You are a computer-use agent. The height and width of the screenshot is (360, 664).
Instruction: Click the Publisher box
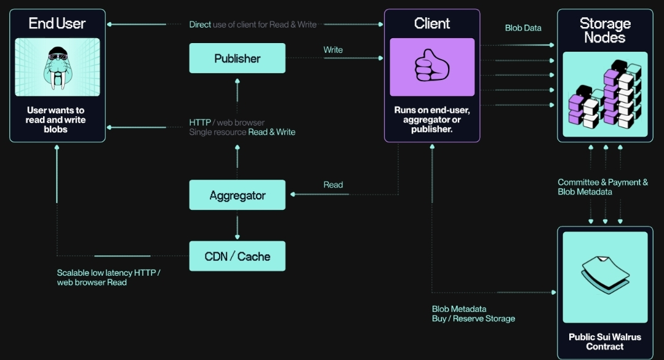pos(237,58)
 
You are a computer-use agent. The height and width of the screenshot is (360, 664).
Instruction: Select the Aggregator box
pos(237,195)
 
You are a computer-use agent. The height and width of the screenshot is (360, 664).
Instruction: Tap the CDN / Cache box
pos(237,256)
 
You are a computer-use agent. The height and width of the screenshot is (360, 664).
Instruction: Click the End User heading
pos(57,23)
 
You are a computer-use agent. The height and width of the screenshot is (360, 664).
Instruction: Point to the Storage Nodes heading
pos(605,30)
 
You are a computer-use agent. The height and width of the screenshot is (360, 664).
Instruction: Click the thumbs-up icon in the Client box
pos(432,66)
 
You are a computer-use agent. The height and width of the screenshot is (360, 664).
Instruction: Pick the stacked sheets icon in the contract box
pos(605,277)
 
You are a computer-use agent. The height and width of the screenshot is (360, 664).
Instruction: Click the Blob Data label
pos(523,28)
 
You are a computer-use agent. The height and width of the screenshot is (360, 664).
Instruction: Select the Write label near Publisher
pos(333,50)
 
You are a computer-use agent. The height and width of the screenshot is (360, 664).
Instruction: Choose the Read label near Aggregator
pos(333,185)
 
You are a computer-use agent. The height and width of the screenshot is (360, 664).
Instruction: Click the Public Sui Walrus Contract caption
pos(605,342)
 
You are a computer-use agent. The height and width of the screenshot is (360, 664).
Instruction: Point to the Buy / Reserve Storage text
pos(473,319)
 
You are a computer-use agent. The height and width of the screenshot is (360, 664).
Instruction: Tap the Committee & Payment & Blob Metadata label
pos(602,187)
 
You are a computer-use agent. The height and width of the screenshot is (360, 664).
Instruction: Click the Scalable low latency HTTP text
pos(108,273)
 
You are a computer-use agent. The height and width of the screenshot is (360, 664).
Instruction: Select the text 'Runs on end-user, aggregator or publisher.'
pos(432,119)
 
